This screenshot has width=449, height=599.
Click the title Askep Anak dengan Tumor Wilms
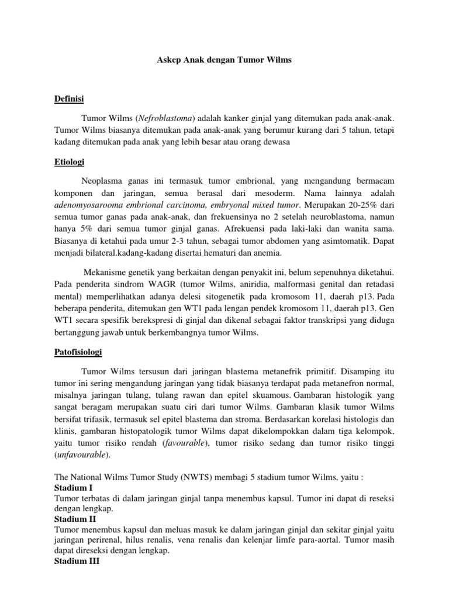tap(224, 60)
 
